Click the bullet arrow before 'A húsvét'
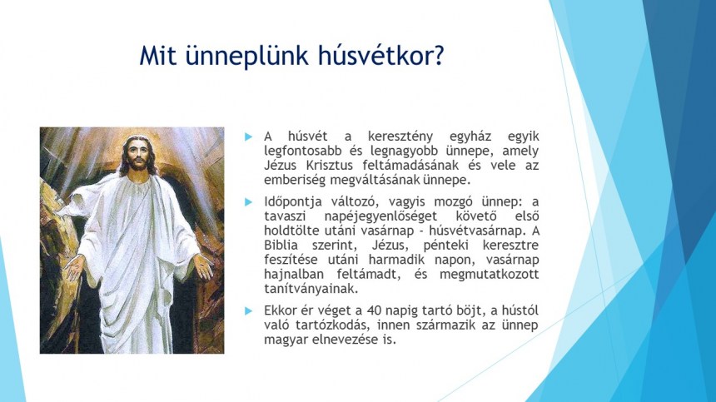coord(248,136)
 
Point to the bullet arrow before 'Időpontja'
coord(248,201)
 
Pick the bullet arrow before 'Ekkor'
coord(248,310)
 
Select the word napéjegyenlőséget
coord(380,216)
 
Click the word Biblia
coord(281,245)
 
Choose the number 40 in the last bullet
coord(374,310)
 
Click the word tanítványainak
coord(311,289)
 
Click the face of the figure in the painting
coord(137,155)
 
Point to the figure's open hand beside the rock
coord(74,267)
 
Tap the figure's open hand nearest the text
coord(202,266)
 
